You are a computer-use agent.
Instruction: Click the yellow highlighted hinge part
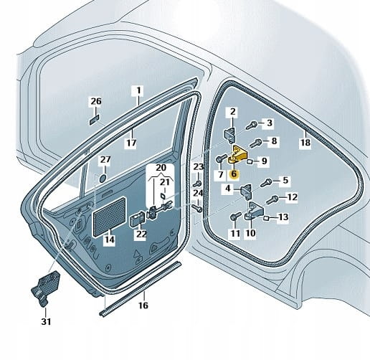tap(237, 154)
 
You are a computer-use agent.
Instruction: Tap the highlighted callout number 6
tap(234, 174)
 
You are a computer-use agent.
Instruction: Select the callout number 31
tap(46, 321)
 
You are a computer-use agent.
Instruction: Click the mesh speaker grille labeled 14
tap(109, 217)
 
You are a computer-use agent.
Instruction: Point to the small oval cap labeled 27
tap(103, 179)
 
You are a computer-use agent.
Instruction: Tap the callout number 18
tap(305, 142)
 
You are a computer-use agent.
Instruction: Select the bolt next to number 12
tap(272, 199)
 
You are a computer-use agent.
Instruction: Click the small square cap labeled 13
tap(266, 218)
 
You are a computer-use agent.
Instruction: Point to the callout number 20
tap(161, 167)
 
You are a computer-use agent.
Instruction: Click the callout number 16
tap(143, 305)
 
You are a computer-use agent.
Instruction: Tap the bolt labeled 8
tap(255, 143)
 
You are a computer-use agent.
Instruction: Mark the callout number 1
tap(138, 91)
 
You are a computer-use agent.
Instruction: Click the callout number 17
tap(131, 143)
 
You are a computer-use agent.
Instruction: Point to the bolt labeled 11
tap(234, 217)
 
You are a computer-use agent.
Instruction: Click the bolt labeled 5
tap(266, 183)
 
